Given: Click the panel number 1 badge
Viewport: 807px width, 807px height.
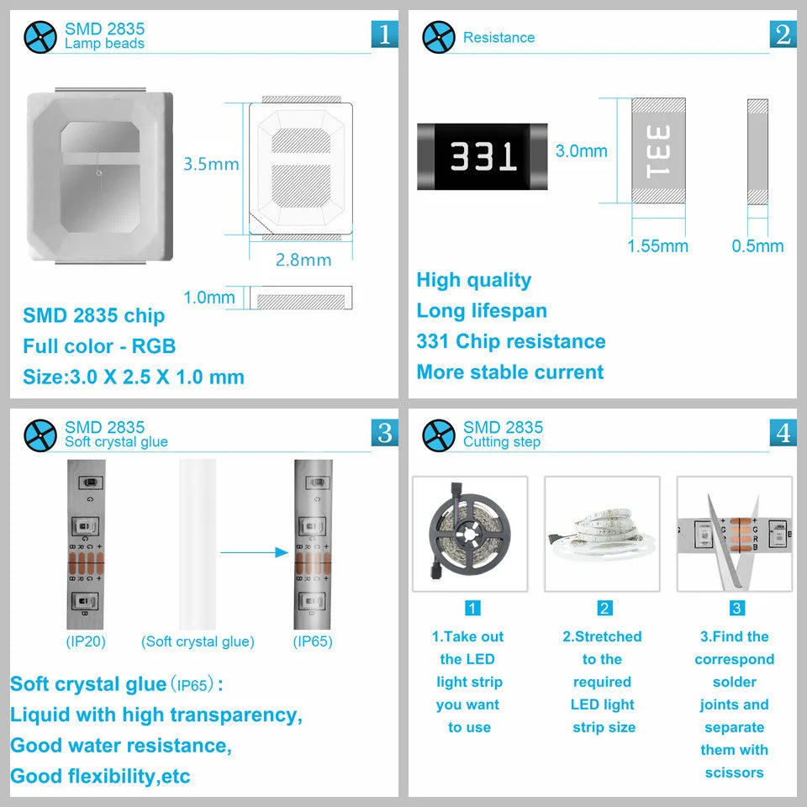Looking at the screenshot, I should pyautogui.click(x=384, y=34).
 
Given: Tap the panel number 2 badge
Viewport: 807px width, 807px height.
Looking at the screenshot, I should pyautogui.click(x=783, y=34).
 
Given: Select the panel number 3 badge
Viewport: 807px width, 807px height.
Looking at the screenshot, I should pyautogui.click(x=384, y=432).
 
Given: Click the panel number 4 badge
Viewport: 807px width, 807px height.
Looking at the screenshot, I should pyautogui.click(x=783, y=432).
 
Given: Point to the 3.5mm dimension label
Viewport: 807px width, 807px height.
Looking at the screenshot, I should pyautogui.click(x=211, y=164).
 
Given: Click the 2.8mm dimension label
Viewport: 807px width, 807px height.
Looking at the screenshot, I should pyautogui.click(x=303, y=260).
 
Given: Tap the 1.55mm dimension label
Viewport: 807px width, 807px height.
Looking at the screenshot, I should pyautogui.click(x=657, y=246).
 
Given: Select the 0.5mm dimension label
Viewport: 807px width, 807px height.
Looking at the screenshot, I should pyautogui.click(x=757, y=246).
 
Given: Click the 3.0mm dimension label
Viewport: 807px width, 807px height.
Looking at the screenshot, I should pyautogui.click(x=581, y=151).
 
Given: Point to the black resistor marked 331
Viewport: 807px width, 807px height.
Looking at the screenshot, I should pyautogui.click(x=483, y=156).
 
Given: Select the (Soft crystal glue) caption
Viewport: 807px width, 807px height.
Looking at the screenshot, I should pyautogui.click(x=198, y=641).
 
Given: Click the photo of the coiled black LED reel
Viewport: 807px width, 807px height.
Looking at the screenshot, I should pyautogui.click(x=470, y=534).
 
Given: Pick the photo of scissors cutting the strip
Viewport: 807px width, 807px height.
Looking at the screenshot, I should pyautogui.click(x=735, y=534).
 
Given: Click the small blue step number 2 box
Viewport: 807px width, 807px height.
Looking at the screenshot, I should pyautogui.click(x=604, y=609).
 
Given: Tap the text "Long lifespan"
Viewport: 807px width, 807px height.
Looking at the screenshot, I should pyautogui.click(x=482, y=311).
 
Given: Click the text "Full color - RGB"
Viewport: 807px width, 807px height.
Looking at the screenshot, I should pyautogui.click(x=99, y=346).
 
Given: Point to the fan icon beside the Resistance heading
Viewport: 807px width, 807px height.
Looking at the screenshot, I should pyautogui.click(x=438, y=37).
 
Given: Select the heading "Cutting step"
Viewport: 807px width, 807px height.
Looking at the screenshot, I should pyautogui.click(x=502, y=442).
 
